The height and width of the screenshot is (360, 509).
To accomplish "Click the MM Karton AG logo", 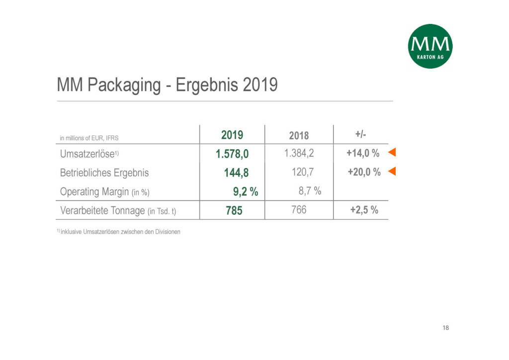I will pyautogui.click(x=430, y=46).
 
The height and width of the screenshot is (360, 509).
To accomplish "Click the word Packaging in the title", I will pyautogui.click(x=123, y=86).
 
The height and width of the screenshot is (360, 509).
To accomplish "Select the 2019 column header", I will pyautogui.click(x=232, y=135).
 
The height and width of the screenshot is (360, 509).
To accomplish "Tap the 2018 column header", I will pyautogui.click(x=299, y=135).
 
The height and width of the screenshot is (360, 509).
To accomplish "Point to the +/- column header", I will pyautogui.click(x=361, y=134).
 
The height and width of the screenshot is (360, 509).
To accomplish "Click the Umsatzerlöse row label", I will pyautogui.click(x=87, y=154).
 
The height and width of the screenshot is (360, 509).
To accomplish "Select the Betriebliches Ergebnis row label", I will pyautogui.click(x=104, y=173).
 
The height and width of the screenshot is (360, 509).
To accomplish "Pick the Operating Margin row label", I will pyautogui.click(x=104, y=191).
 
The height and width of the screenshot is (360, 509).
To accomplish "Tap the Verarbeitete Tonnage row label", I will pyautogui.click(x=118, y=210).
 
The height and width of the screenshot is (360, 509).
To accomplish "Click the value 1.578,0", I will pyautogui.click(x=232, y=154).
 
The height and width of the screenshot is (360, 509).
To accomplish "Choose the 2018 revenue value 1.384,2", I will pyautogui.click(x=299, y=153).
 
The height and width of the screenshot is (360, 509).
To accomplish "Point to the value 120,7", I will pyautogui.click(x=302, y=172).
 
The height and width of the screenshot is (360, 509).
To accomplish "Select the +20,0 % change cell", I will pyautogui.click(x=363, y=172).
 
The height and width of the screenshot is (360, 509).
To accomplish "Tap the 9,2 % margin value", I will pyautogui.click(x=246, y=191).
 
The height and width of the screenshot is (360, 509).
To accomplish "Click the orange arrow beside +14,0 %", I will pyautogui.click(x=392, y=153).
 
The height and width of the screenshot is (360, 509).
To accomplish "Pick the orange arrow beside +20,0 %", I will pyautogui.click(x=392, y=172).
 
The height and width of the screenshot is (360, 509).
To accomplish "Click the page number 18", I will pyautogui.click(x=445, y=328).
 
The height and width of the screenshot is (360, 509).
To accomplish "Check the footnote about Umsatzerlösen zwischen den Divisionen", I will pyautogui.click(x=119, y=232).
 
